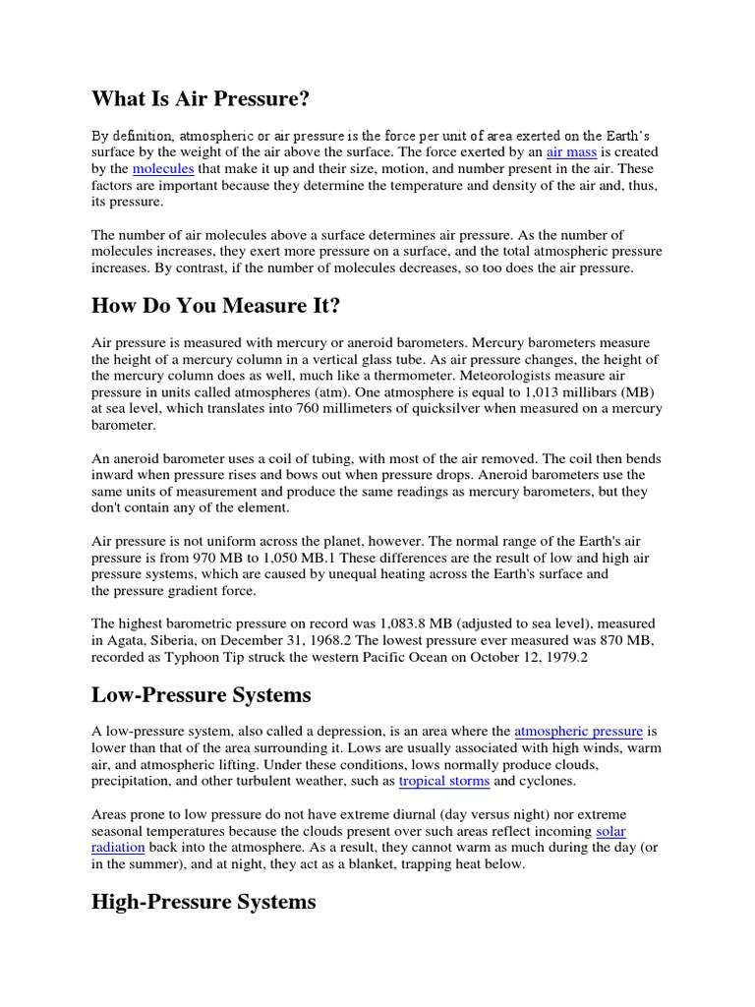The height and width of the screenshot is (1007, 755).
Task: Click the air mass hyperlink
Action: coord(571,152)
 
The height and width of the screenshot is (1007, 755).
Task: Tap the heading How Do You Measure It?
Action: coord(215,306)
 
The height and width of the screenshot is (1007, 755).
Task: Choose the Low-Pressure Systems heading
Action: coord(201,695)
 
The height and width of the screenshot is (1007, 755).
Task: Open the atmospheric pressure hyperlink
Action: coord(578,731)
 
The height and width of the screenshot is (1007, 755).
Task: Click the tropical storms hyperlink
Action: coord(443,781)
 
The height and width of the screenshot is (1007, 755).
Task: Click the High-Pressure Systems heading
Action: coord(203,902)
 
